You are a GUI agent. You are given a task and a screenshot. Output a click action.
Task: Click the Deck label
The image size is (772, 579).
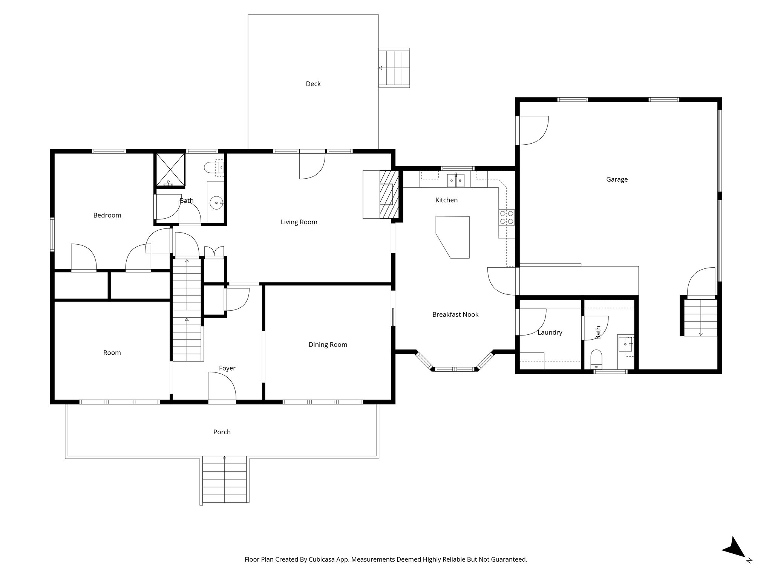pyautogui.click(x=313, y=84)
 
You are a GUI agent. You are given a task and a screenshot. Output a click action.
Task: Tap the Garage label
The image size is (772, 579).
pyautogui.click(x=617, y=179)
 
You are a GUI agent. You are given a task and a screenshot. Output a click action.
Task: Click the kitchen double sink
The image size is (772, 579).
pyautogui.click(x=456, y=181)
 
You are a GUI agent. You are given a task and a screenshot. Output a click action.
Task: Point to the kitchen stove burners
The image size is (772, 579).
pyautogui.click(x=506, y=217)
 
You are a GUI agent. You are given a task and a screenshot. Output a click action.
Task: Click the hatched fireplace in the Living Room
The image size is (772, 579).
pyautogui.click(x=388, y=195)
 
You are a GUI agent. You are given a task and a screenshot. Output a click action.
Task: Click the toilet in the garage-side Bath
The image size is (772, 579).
pyautogui.click(x=596, y=359)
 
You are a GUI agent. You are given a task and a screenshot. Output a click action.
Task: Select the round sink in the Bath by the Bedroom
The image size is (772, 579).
pyautogui.click(x=217, y=203)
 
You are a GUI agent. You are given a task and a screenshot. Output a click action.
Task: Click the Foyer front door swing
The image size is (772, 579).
pyautogui.click(x=222, y=386)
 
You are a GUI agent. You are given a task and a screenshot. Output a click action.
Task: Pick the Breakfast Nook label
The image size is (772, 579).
pyautogui.click(x=455, y=314)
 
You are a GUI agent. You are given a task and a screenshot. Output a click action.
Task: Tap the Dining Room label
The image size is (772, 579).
pyautogui.click(x=328, y=345)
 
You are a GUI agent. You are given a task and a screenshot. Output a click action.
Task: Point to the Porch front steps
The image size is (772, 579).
pyautogui.click(x=225, y=480)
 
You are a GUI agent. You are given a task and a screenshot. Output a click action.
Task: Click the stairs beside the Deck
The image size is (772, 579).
pyautogui.click(x=394, y=68)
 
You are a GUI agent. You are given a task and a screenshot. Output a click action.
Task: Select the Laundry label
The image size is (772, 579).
pyautogui.click(x=550, y=332)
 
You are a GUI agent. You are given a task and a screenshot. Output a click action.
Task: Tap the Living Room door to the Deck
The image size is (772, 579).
pyautogui.click(x=312, y=165)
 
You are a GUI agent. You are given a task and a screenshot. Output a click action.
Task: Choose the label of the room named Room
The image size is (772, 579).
pyautogui.click(x=112, y=353)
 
